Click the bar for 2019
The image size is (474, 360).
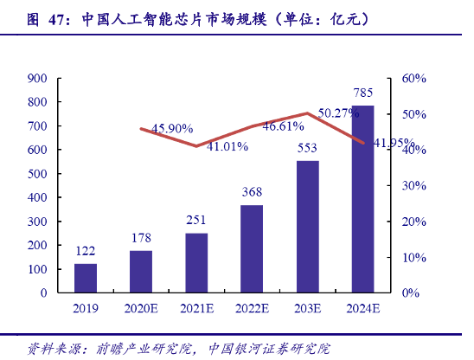[86, 278]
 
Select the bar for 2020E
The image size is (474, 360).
[141, 271]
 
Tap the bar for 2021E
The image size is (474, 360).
[196, 262]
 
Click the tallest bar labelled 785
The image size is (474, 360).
[362, 199]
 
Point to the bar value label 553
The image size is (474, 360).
[307, 148]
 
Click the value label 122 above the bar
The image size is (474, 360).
[86, 251]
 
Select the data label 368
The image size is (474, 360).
[252, 192]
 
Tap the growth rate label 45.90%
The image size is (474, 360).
[172, 128]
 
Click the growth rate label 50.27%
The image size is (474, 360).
[338, 112]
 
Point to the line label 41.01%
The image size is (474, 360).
[227, 146]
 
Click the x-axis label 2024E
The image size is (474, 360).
[362, 307]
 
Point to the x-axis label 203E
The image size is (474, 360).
[307, 307]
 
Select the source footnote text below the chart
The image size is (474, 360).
[178, 349]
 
